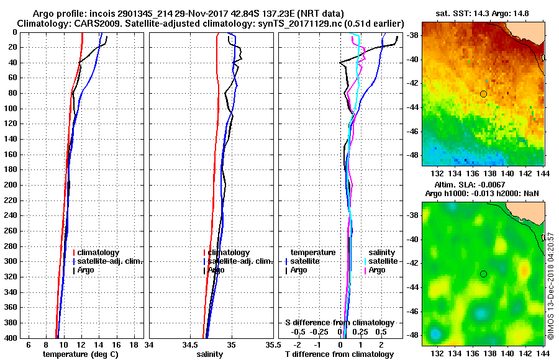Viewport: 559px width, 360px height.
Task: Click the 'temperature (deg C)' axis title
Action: [80, 354]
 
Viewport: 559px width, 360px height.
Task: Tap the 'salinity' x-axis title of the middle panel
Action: [209, 354]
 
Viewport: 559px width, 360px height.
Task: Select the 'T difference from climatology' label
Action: [339, 354]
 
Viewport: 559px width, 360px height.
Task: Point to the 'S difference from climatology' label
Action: [340, 323]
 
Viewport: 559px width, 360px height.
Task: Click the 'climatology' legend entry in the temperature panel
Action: [99, 253]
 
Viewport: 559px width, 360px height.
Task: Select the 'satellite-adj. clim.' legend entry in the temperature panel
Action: [111, 261]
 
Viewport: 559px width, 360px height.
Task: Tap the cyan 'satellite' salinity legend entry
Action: [382, 261]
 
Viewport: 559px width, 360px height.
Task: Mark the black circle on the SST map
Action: [483, 94]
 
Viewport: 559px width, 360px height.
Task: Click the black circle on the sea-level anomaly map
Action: [483, 274]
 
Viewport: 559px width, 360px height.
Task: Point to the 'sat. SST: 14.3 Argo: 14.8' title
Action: [483, 12]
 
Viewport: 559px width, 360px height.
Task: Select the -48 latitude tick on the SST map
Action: [412, 155]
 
